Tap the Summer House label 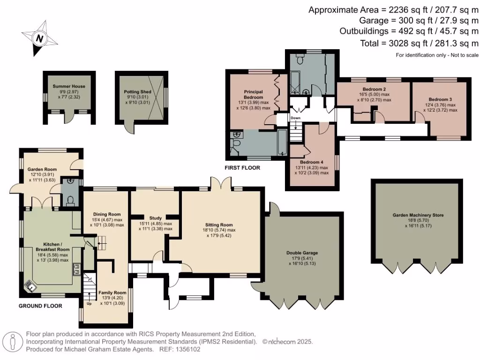69,86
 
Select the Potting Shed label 137,92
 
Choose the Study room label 155,218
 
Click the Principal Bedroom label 253,94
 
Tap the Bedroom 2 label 374,89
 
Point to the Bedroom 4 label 312,162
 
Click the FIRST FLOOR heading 243,167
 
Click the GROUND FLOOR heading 40,306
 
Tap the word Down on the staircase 295,118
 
